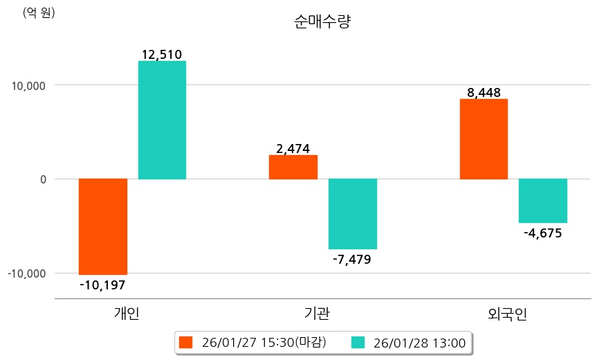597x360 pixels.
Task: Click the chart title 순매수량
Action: (x=322, y=22)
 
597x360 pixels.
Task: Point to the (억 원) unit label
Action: (x=39, y=12)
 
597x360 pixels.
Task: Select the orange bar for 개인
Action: (x=103, y=226)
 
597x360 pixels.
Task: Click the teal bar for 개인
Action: (x=162, y=120)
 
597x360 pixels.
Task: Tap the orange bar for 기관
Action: (x=293, y=167)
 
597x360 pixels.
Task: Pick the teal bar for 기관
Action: (x=352, y=213)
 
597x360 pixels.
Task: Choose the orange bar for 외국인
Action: (x=484, y=138)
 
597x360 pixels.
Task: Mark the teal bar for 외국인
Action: (x=543, y=201)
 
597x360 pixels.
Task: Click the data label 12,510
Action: (x=162, y=54)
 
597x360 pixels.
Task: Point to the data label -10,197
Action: (x=103, y=285)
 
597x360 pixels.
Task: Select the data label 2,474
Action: (x=293, y=148)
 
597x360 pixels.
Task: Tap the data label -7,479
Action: (x=352, y=260)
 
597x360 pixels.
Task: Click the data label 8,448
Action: (x=484, y=92)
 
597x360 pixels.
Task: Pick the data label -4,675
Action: (x=543, y=233)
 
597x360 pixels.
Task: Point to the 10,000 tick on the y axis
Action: (x=27, y=86)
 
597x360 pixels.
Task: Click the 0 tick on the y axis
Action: (x=42, y=179)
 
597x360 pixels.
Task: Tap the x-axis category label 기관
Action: (x=317, y=314)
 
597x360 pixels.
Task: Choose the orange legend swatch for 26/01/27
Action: (x=185, y=342)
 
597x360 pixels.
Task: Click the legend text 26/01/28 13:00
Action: (x=419, y=342)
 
